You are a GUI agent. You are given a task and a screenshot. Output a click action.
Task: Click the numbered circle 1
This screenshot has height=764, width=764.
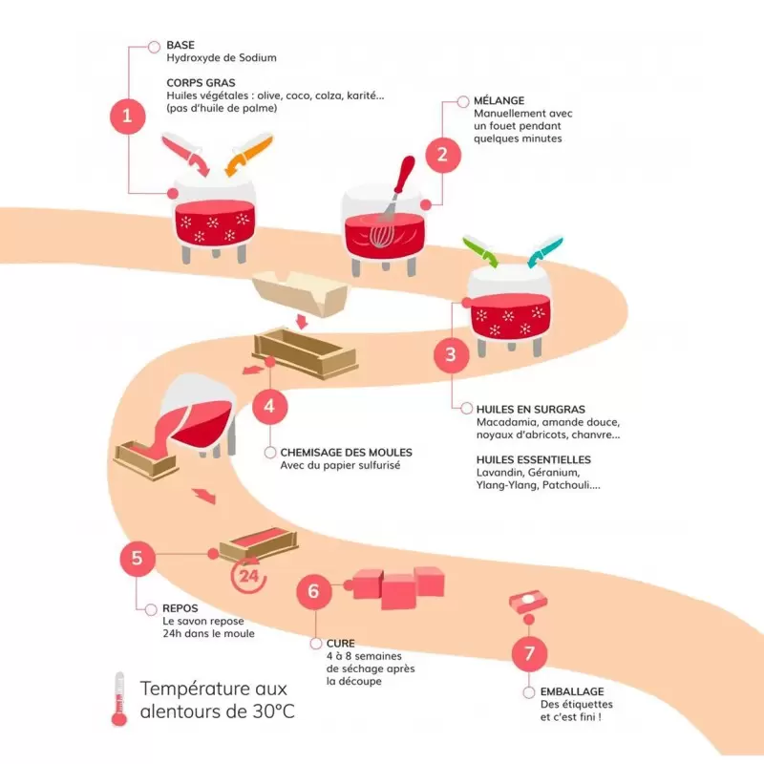(x=127, y=117)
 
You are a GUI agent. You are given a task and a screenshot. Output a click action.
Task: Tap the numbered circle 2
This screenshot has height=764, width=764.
(x=441, y=153)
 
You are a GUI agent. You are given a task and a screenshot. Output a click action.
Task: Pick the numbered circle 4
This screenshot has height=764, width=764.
(x=270, y=406)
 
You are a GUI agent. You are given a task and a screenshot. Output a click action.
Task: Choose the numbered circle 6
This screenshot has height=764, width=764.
(x=313, y=592)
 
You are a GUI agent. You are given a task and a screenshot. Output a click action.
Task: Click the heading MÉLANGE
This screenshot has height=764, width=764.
(x=499, y=100)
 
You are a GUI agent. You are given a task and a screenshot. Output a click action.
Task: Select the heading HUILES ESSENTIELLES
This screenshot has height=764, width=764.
(x=533, y=459)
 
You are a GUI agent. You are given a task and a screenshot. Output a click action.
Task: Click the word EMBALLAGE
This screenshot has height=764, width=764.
(x=559, y=690)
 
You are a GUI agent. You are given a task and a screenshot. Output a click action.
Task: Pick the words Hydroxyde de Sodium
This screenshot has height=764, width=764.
(x=221, y=58)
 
